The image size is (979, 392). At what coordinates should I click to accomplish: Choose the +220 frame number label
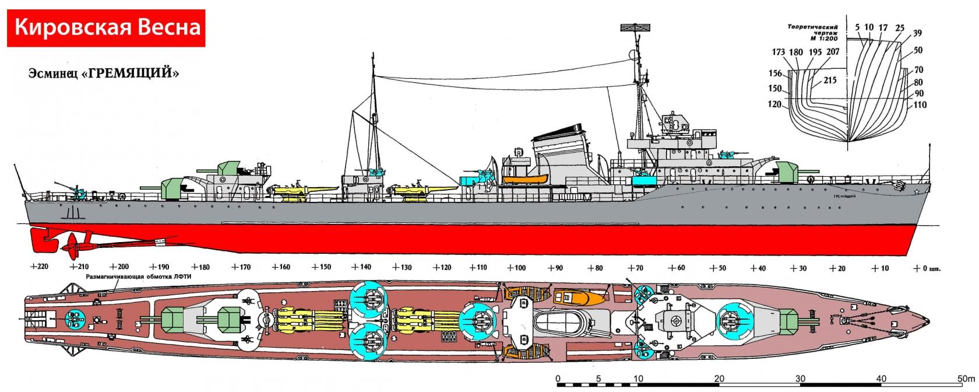[36, 268]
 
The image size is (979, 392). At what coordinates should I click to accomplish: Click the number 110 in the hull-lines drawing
[920, 106]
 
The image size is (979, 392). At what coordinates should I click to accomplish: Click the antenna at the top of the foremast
[634, 27]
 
